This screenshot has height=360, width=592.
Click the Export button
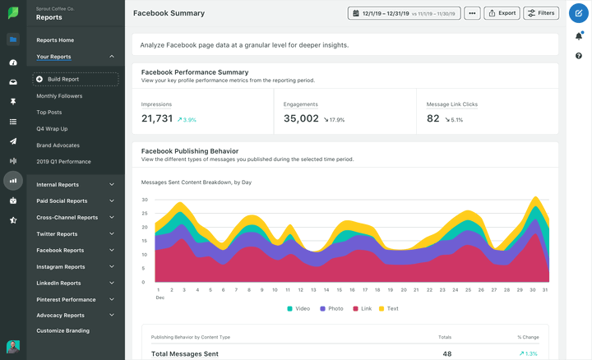coord(502,13)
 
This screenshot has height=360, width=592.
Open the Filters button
coord(540,13)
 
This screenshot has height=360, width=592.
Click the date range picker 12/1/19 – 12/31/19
coord(404,13)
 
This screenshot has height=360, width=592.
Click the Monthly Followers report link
coord(59,96)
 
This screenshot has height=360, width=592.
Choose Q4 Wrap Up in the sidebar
coord(52,129)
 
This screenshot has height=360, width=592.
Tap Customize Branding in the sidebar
coord(62,330)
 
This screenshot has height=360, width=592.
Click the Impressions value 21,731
coord(157,118)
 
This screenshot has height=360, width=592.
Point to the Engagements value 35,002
coord(301,118)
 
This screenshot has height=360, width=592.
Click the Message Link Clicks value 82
coord(433,118)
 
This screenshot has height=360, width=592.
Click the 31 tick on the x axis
coord(545,290)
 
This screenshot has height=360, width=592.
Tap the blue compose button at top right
coord(579,13)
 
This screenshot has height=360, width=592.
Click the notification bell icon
coord(579,36)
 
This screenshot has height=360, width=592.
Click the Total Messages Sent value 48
coord(447,353)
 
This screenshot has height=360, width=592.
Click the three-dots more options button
coord(472,13)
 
